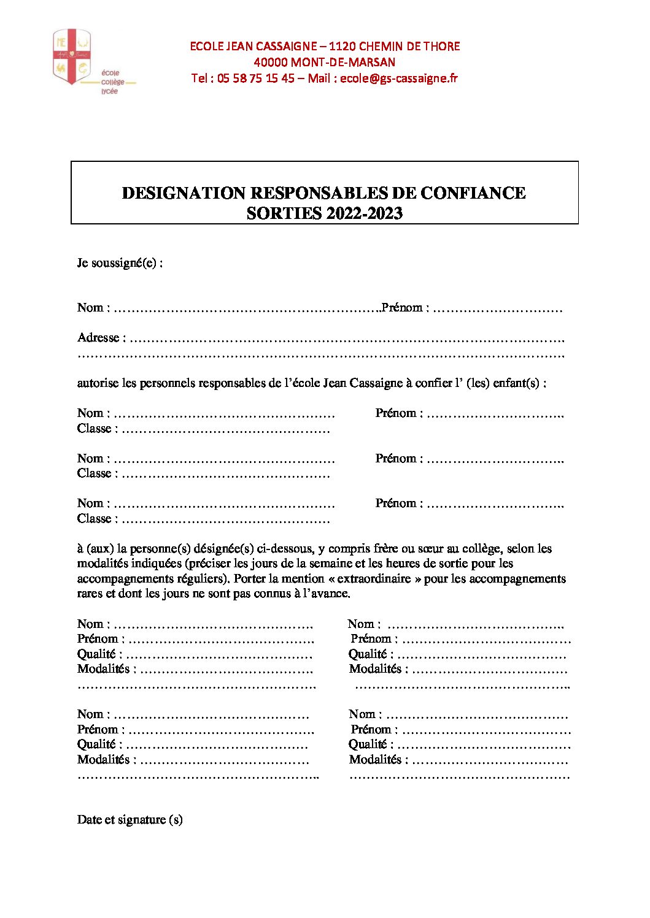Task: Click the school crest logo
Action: tap(72, 56)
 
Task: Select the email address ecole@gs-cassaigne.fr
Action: tap(398, 78)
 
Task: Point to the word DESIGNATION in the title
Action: tap(184, 193)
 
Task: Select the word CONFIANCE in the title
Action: tap(473, 193)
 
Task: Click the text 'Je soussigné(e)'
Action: tap(120, 263)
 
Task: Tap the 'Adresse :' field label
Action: tap(101, 338)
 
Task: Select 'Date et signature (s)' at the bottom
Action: tap(130, 820)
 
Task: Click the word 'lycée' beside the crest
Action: tap(109, 91)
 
